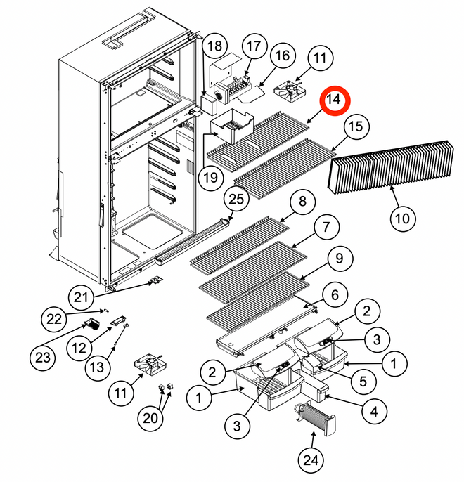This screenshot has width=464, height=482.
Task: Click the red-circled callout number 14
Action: point(334,100)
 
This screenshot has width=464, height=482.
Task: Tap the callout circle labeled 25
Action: point(238,200)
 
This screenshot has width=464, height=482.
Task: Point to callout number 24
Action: point(312,460)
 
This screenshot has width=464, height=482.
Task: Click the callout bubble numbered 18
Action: point(215,48)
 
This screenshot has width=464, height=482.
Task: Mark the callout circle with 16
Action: point(282,56)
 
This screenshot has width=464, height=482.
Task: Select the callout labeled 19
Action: point(210,178)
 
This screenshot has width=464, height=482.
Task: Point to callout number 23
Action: point(44,358)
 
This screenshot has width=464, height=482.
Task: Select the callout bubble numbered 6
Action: point(335,294)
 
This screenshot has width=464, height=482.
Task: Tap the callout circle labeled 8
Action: point(302,202)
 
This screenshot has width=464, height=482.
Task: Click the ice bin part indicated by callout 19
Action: point(232,129)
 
